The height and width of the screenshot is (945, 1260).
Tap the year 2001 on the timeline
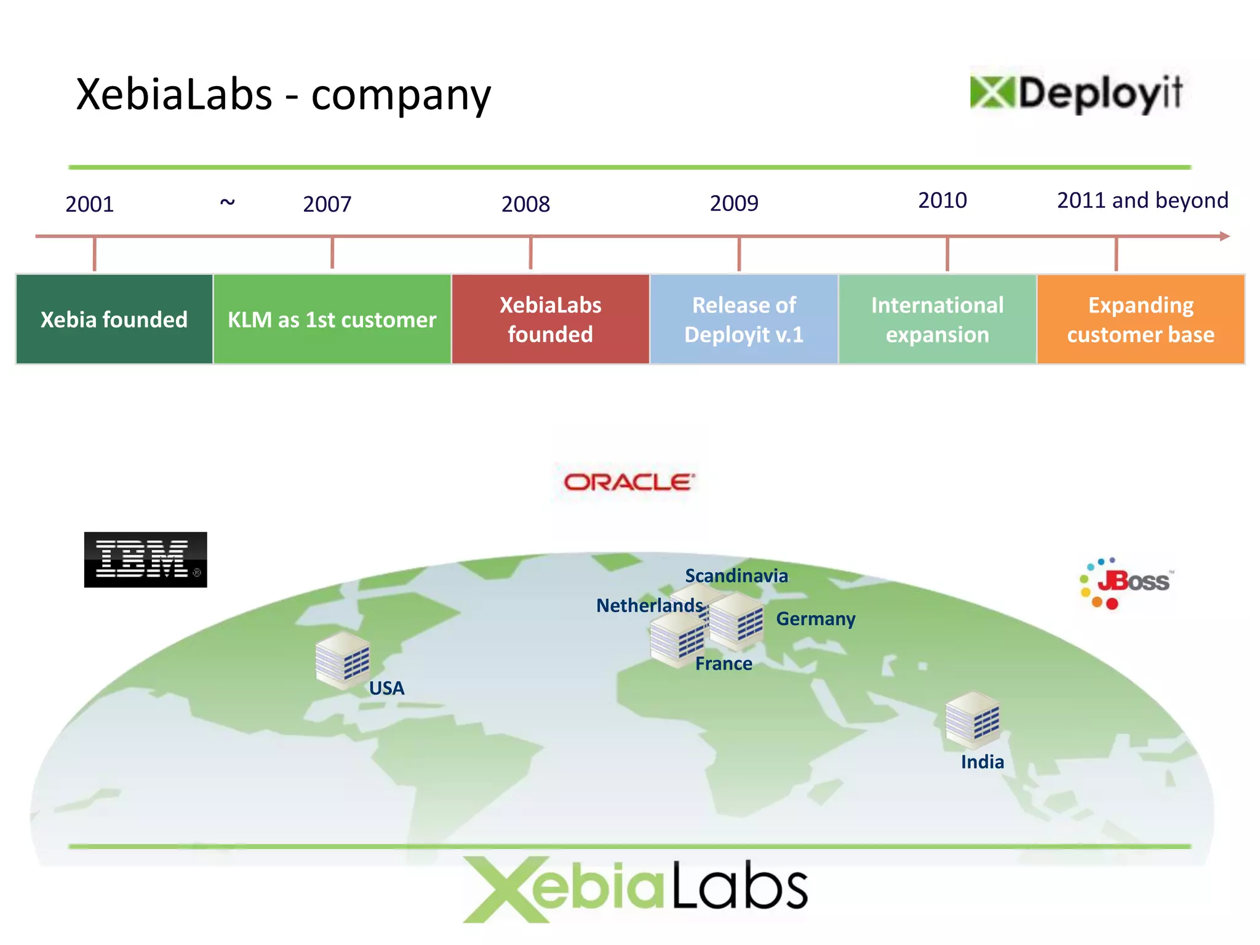[90, 204]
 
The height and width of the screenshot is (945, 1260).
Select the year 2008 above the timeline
[525, 204]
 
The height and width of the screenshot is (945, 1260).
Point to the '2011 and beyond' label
[1142, 201]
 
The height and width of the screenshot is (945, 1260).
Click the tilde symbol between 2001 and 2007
[228, 202]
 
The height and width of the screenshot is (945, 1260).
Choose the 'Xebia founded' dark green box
[114, 319]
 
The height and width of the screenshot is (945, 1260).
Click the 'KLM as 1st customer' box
[332, 319]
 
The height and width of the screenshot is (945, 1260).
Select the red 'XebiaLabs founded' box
[551, 319]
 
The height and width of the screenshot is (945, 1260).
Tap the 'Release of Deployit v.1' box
[744, 319]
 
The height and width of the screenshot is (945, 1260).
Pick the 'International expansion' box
[937, 319]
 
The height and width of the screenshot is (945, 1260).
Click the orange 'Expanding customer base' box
[1141, 319]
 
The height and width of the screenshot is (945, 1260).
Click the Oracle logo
[629, 482]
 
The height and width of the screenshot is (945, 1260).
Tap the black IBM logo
[146, 560]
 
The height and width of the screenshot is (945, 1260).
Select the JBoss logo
[1126, 583]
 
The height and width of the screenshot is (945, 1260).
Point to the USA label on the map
[386, 688]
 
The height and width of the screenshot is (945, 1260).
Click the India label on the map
[982, 762]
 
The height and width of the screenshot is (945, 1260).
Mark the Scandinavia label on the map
[736, 576]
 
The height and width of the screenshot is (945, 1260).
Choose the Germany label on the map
[816, 619]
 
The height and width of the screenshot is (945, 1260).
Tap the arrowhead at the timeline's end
[1224, 236]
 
